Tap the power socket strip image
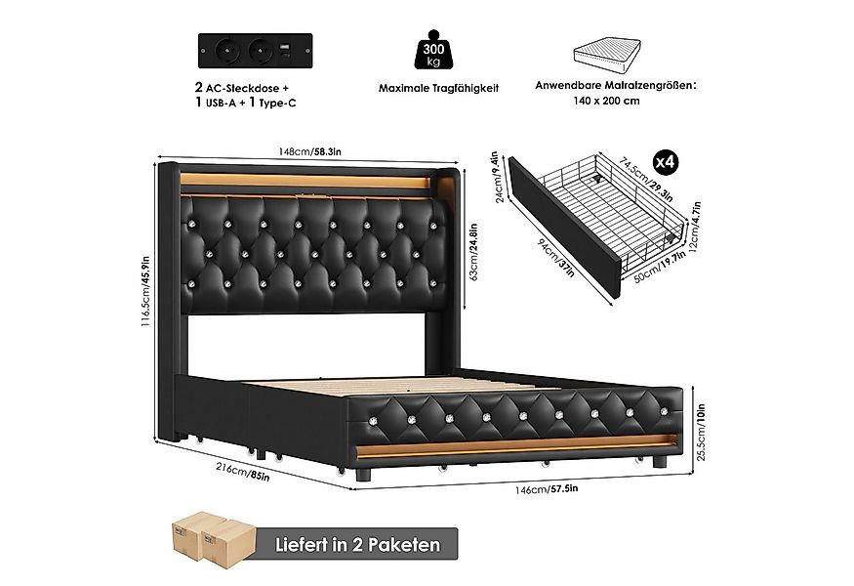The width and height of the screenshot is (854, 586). tap(256, 47)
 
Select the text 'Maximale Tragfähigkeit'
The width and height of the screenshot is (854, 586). tap(438, 88)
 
